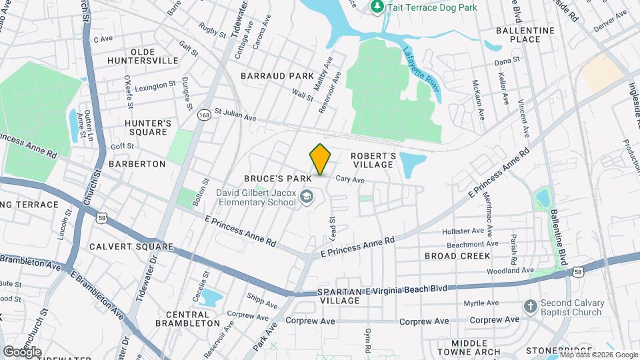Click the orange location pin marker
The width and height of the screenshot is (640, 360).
pyautogui.click(x=320, y=159)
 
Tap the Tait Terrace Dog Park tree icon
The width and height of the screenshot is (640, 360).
pyautogui.click(x=377, y=7)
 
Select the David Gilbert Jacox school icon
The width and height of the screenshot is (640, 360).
pyautogui.click(x=306, y=197)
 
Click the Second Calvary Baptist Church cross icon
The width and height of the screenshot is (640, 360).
pyautogui.click(x=530, y=307)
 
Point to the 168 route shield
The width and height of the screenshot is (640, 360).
pyautogui.click(x=205, y=115)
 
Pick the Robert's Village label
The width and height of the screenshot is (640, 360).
pyautogui.click(x=374, y=160)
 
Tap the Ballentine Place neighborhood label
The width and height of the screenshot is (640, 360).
pyautogui.click(x=525, y=35)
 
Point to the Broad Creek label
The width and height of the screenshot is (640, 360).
pyautogui.click(x=457, y=256)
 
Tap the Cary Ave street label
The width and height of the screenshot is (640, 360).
pyautogui.click(x=350, y=179)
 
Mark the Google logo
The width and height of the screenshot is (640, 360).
pyautogui.click(x=22, y=351)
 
